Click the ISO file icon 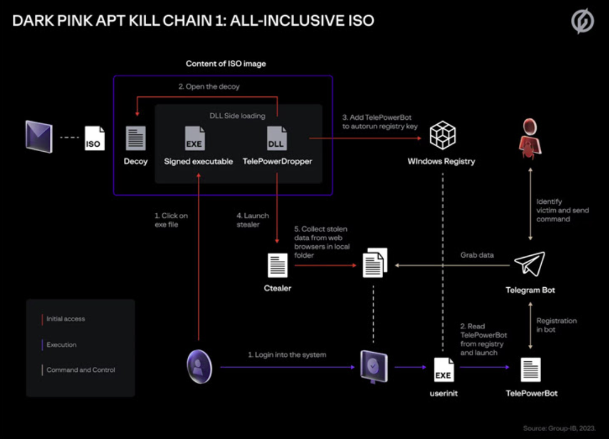click(95, 138)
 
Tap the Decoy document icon click(136, 138)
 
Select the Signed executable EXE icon click(195, 138)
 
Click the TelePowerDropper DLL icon click(277, 138)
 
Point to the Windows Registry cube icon click(442, 136)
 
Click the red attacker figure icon click(529, 137)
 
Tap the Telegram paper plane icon click(529, 264)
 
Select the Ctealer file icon click(277, 265)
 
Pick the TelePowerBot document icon click(531, 370)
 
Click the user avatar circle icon click(199, 367)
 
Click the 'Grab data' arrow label click(477, 255)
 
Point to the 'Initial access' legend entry click(66, 319)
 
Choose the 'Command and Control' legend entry click(81, 370)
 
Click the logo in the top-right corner click(582, 22)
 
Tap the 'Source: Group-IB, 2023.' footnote click(559, 428)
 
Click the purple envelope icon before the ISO click(39, 137)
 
